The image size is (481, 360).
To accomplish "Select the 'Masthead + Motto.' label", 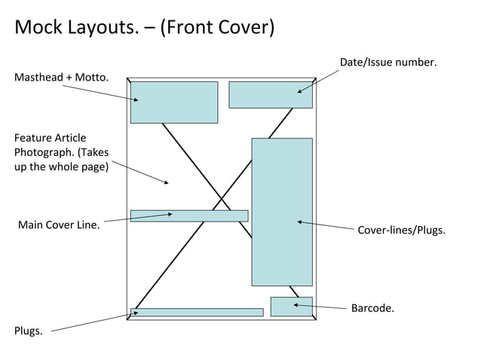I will (x=61, y=78).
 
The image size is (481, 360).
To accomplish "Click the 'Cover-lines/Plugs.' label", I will (x=401, y=229).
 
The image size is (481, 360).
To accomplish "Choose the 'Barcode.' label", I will (x=372, y=308).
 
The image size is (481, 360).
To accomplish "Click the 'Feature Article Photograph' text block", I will (x=61, y=152).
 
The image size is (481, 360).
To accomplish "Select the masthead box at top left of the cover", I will (x=174, y=102).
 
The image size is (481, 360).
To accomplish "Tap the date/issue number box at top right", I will (x=270, y=95).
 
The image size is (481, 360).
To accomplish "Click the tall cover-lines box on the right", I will (x=281, y=212).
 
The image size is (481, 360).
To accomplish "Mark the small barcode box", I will (x=291, y=307).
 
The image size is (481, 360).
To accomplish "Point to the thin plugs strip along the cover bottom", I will (x=198, y=313).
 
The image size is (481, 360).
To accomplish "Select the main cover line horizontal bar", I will (x=189, y=216).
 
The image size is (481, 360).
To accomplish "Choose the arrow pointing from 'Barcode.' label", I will (x=320, y=307).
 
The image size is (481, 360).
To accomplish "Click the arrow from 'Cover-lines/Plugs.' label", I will (x=325, y=225).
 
